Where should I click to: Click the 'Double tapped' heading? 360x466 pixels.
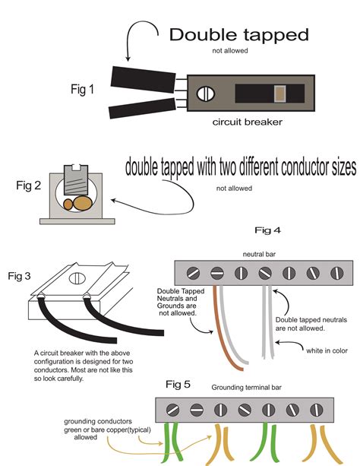(238, 36)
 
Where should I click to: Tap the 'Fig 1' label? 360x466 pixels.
(82, 89)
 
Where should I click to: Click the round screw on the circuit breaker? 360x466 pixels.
(206, 94)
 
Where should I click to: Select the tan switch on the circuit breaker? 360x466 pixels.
(280, 94)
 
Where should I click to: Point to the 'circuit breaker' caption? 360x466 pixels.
(247, 122)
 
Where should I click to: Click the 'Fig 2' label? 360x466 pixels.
(29, 185)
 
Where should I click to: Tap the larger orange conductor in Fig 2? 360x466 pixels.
(82, 203)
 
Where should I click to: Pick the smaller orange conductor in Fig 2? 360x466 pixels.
(68, 204)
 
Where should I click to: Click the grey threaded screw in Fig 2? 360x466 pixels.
(76, 179)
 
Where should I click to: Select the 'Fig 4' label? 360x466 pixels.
(267, 230)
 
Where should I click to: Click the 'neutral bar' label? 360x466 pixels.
(259, 254)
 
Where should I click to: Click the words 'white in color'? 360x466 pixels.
(327, 350)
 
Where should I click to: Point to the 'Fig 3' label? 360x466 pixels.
(19, 276)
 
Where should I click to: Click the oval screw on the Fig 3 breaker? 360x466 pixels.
(77, 278)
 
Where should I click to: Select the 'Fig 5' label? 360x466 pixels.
(178, 384)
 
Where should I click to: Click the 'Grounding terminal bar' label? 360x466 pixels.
(246, 388)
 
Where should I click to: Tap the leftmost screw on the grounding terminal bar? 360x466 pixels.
(172, 411)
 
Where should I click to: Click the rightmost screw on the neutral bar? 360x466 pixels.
(336, 273)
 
